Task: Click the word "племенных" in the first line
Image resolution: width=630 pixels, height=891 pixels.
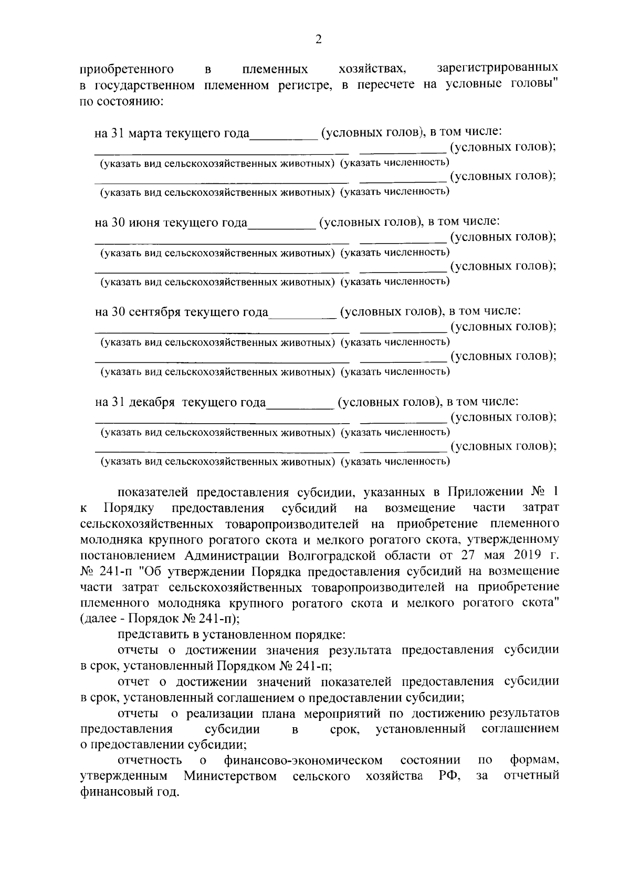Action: point(275,69)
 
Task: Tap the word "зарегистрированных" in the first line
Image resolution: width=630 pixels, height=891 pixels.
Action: point(498,68)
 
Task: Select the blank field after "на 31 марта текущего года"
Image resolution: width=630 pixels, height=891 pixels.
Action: point(284,135)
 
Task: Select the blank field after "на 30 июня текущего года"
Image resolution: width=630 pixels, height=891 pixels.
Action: point(282,225)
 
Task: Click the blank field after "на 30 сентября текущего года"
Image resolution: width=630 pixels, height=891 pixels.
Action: point(302,315)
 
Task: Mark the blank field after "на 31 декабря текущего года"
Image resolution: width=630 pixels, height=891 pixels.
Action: point(300,405)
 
